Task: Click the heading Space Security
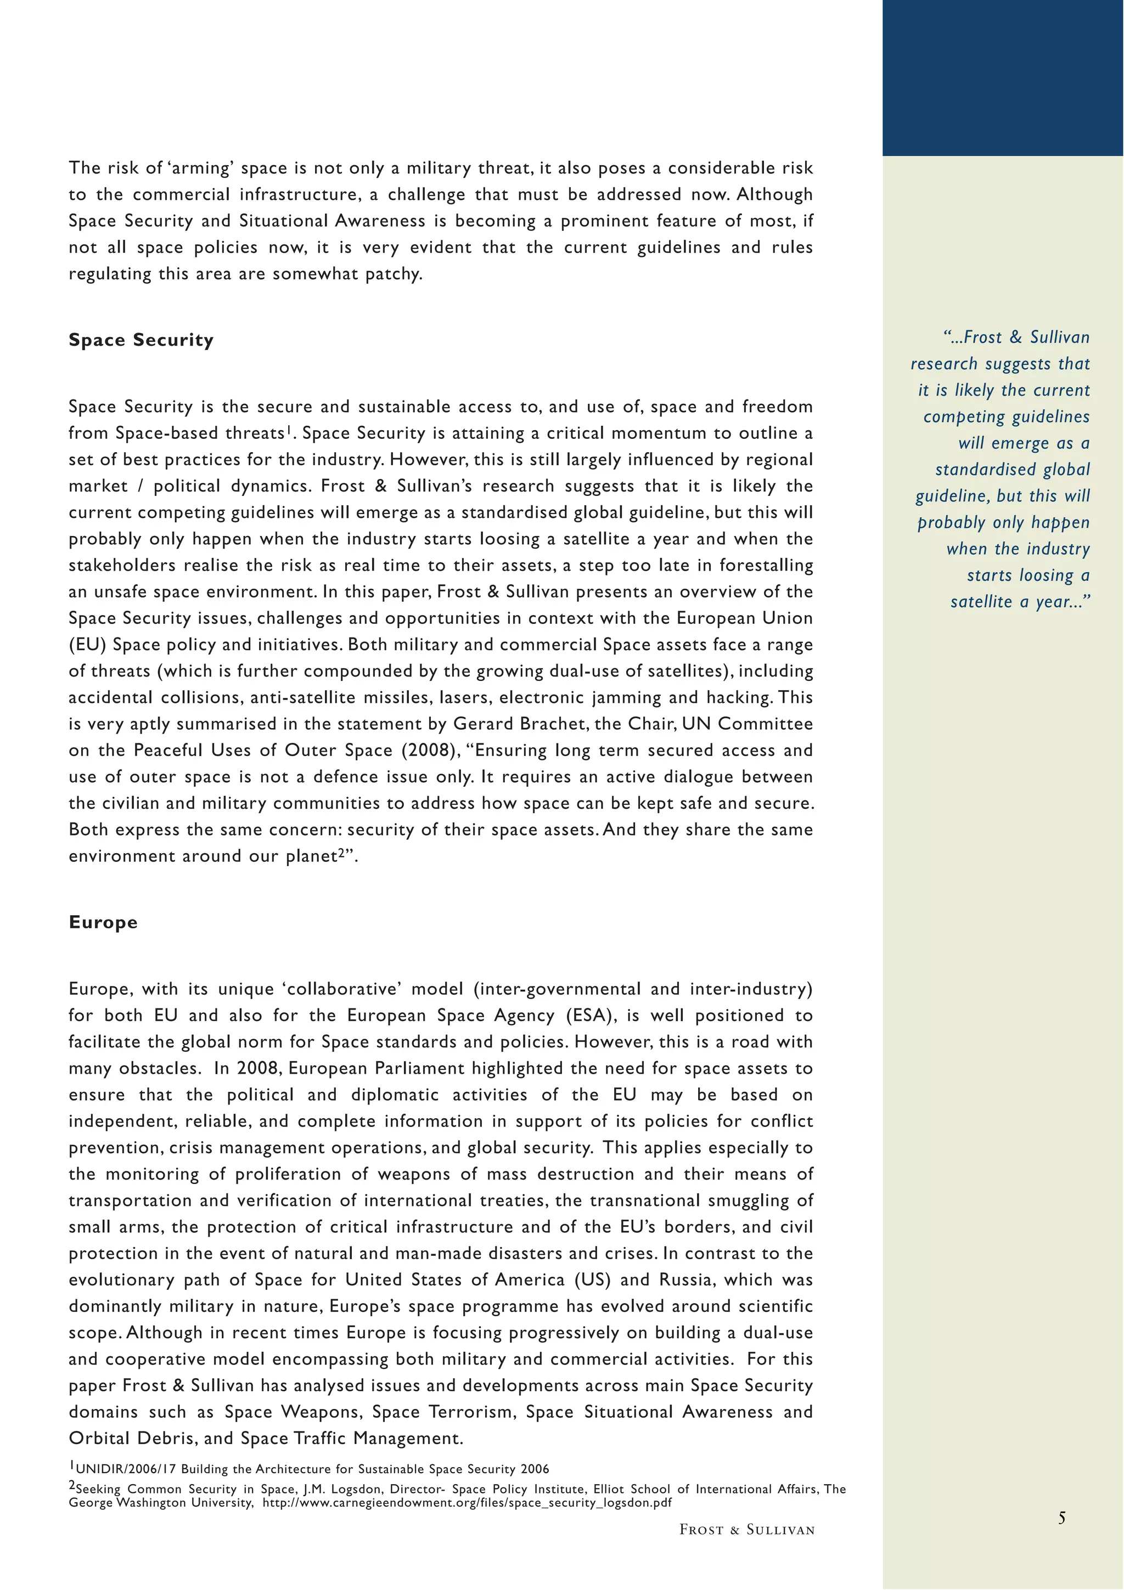click(x=140, y=340)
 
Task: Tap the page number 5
click(x=1061, y=1518)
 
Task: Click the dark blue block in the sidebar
click(x=1003, y=77)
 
